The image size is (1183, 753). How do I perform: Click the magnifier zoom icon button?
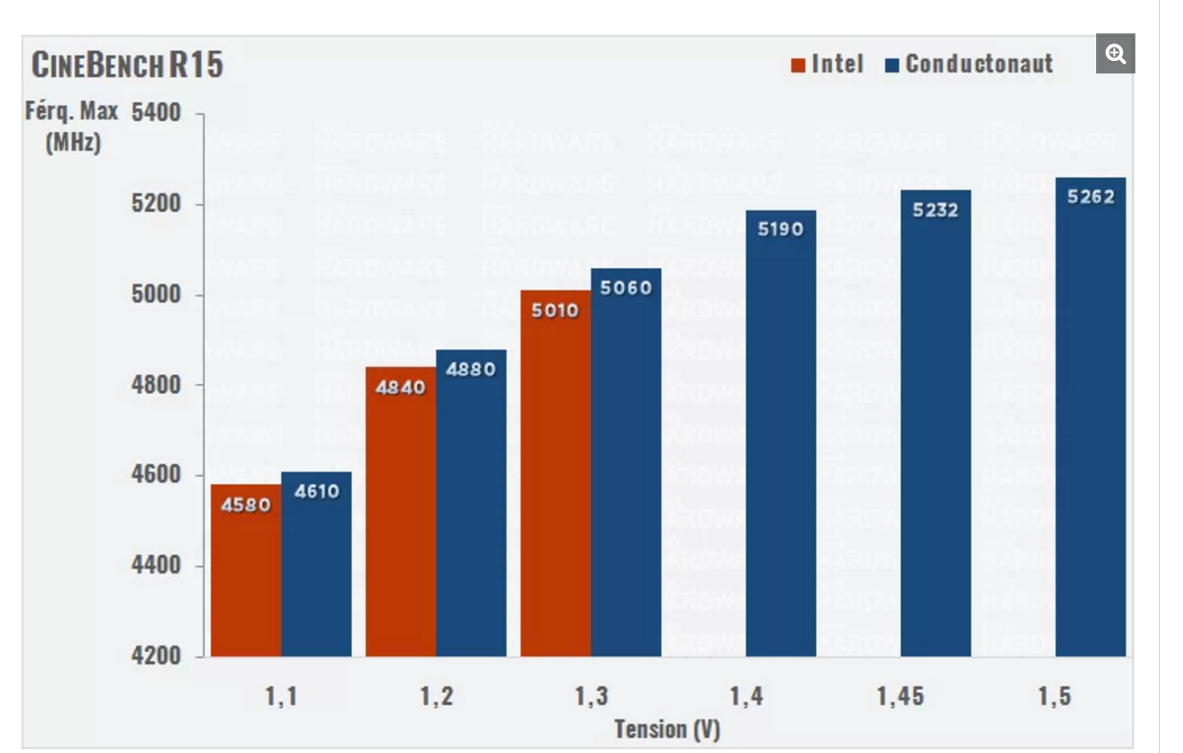(1115, 54)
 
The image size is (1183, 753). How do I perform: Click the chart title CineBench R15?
(127, 64)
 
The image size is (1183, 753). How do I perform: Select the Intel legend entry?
(828, 64)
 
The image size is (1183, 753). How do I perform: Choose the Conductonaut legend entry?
(969, 64)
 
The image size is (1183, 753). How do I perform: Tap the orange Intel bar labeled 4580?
(245, 576)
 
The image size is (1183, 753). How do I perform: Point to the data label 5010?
(555, 311)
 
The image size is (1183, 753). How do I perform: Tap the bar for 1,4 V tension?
(781, 434)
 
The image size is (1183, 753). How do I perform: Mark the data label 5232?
(935, 210)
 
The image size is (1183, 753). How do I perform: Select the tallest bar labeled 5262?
(1090, 417)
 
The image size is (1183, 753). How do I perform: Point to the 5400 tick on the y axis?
(156, 113)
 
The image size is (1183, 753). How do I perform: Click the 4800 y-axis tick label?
(156, 385)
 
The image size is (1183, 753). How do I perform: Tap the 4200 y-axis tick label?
(156, 655)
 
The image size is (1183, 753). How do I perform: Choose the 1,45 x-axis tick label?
(900, 696)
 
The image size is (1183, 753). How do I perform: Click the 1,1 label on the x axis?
(281, 696)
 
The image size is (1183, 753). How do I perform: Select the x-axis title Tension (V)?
(667, 730)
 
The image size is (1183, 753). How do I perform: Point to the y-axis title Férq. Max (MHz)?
(72, 126)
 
